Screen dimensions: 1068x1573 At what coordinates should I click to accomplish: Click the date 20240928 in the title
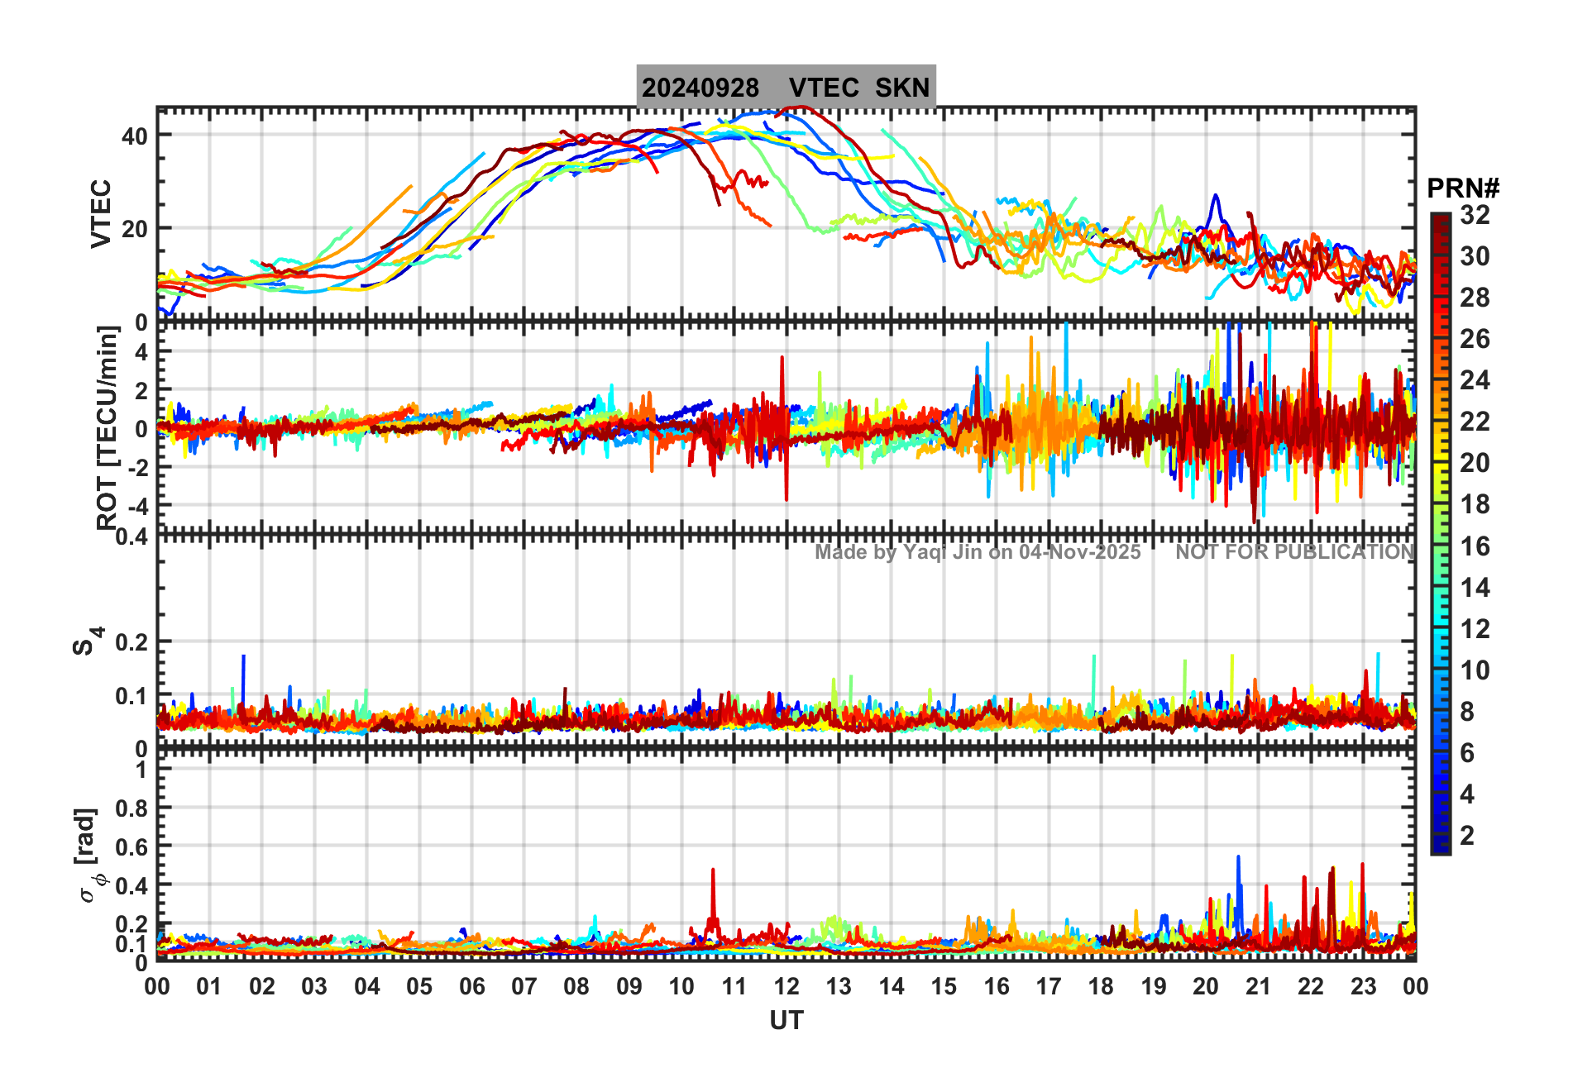(700, 88)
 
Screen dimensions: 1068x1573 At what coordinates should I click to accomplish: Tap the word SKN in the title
(902, 88)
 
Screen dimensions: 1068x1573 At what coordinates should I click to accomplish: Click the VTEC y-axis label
(101, 213)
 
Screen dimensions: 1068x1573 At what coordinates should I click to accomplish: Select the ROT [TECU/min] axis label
(108, 427)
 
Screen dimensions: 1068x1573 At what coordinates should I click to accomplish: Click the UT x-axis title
(786, 1021)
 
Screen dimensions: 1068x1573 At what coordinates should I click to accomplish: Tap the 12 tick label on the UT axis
(786, 986)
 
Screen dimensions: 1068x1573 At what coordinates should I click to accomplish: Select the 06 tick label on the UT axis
(472, 986)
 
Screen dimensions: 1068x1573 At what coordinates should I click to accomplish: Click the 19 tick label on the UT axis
(1154, 986)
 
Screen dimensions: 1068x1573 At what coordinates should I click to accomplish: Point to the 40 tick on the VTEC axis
(135, 136)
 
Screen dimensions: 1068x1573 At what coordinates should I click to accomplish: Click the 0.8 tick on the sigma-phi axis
(131, 808)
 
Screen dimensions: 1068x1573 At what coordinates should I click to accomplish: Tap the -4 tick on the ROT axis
(136, 505)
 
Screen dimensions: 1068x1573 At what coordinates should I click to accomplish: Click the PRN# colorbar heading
(1463, 189)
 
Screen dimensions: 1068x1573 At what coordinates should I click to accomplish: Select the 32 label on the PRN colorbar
(1475, 215)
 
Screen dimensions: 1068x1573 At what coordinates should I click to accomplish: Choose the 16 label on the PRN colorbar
(1475, 546)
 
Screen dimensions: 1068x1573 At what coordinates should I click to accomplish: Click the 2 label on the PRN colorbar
(1467, 836)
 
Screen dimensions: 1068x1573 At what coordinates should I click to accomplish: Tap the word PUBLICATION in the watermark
(1341, 552)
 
